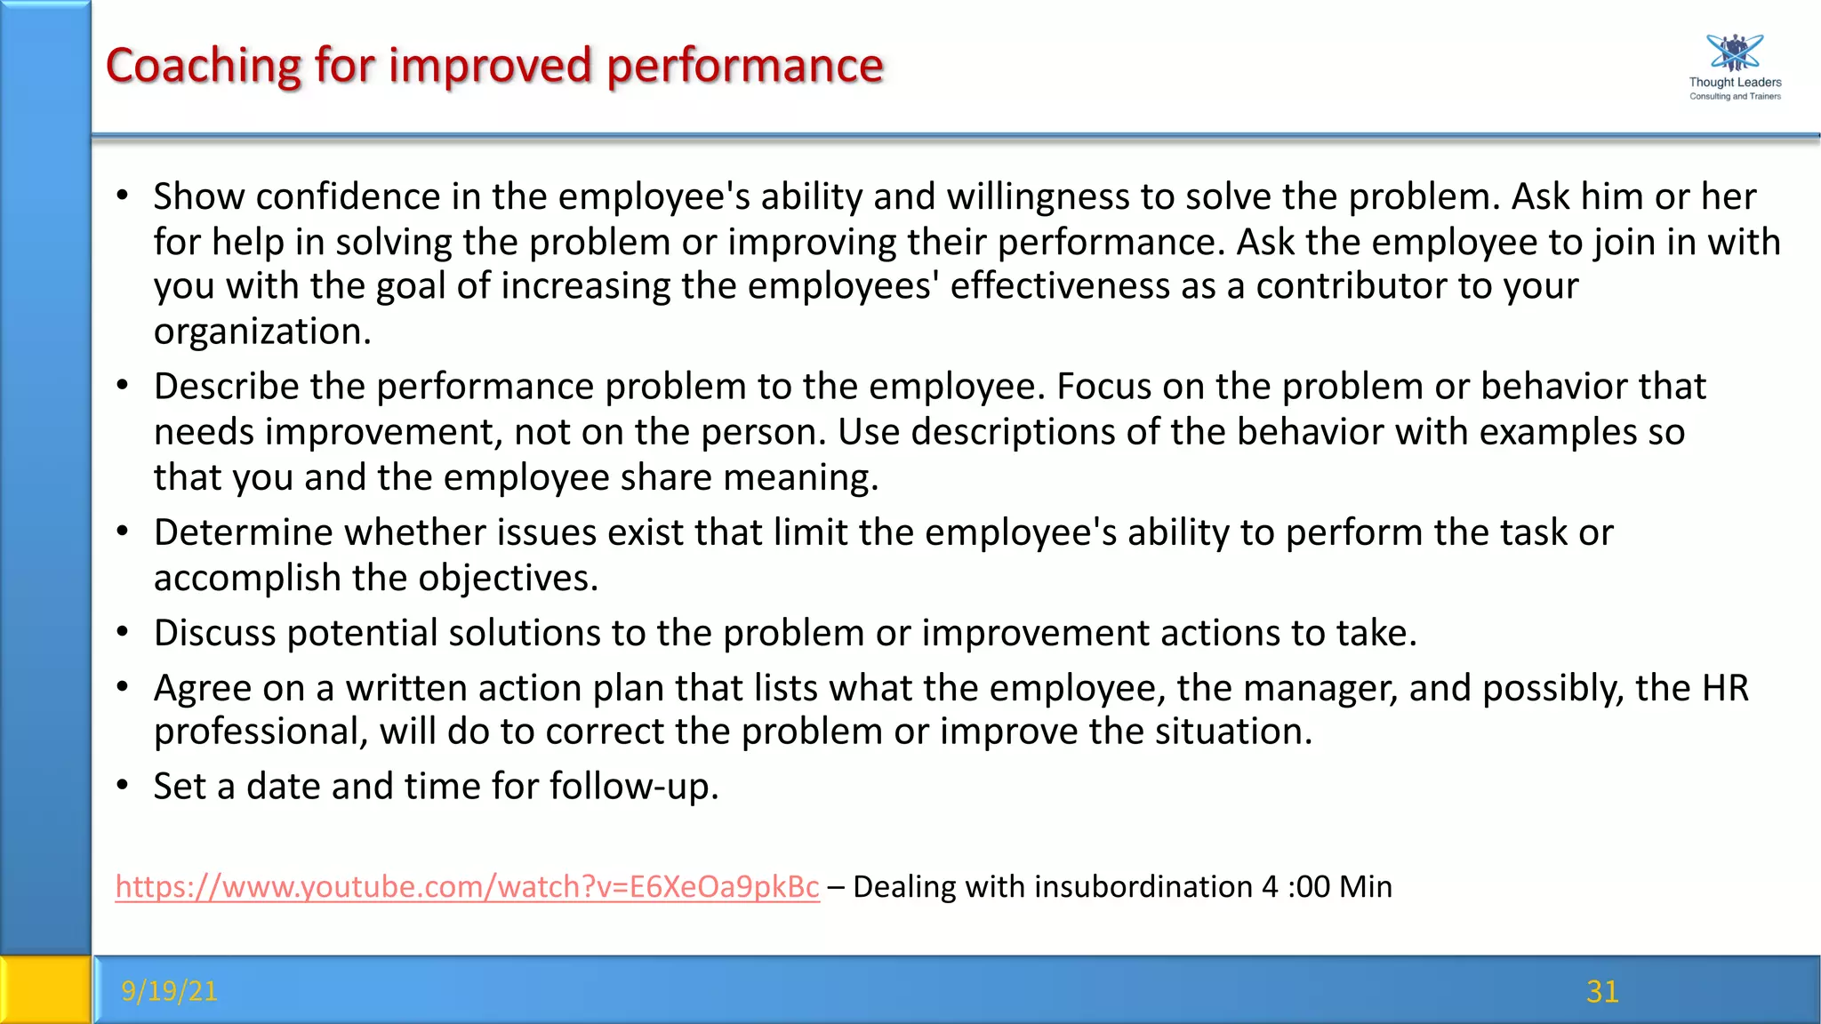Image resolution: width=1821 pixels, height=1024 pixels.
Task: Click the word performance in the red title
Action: tap(745, 66)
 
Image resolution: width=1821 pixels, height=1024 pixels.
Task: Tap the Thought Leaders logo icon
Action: tap(1734, 53)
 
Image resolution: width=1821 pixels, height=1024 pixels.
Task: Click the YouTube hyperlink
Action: tap(467, 887)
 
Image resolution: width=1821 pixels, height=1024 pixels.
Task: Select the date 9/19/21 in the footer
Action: tap(169, 990)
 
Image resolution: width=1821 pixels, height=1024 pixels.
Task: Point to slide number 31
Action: tap(1602, 991)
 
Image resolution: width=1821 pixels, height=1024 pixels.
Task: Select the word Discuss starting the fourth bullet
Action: tap(214, 633)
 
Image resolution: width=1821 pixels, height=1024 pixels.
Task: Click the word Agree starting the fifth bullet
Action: tap(200, 688)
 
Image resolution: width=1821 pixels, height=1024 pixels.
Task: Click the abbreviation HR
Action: tap(1725, 688)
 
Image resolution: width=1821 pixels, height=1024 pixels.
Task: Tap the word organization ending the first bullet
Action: tap(261, 332)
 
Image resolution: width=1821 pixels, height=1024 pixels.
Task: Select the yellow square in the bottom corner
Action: tap(44, 989)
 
